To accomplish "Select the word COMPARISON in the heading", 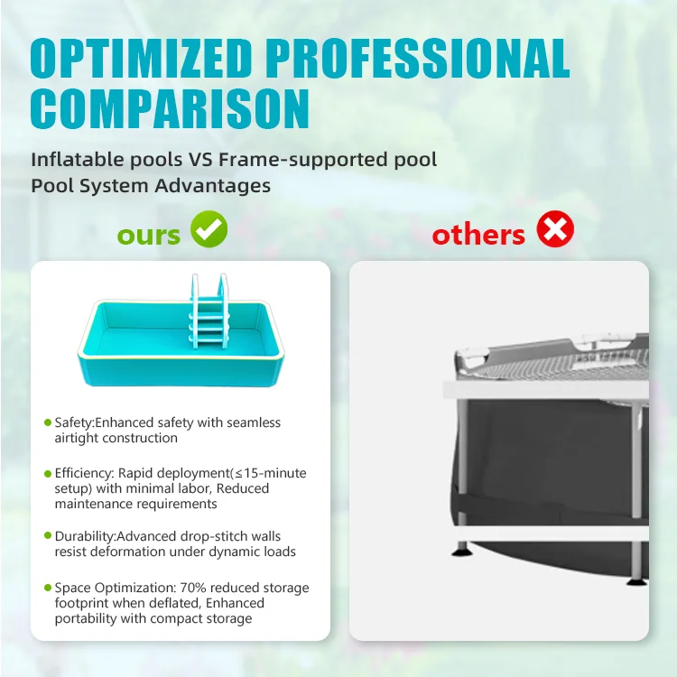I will click(170, 108).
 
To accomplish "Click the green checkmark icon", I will click(209, 230).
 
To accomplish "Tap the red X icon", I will click(555, 230).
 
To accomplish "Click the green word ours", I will click(148, 235).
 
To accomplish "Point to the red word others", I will click(478, 235).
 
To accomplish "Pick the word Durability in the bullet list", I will click(84, 536).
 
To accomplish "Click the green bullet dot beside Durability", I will click(47, 537).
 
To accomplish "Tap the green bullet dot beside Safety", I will click(47, 422).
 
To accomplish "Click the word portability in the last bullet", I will click(86, 618).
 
